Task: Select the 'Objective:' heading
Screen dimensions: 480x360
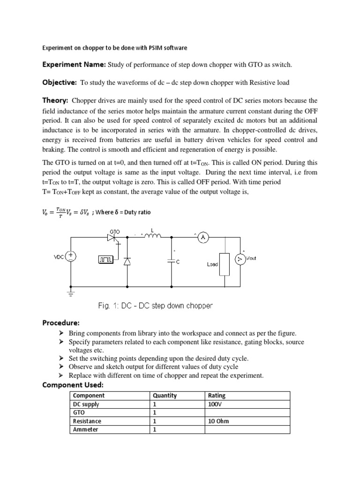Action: [x=60, y=82]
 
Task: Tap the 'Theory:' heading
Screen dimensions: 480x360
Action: [x=56, y=100]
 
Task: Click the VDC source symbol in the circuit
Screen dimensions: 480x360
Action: [x=71, y=256]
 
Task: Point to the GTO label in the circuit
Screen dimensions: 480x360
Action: [x=115, y=232]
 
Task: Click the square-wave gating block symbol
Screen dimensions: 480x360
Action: [x=105, y=259]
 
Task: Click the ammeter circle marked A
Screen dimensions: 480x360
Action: [x=203, y=238]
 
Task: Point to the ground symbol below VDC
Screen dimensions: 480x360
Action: [x=71, y=294]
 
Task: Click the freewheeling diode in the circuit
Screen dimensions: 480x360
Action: [x=127, y=262]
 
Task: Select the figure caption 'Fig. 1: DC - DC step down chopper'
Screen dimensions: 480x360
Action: [x=155, y=306]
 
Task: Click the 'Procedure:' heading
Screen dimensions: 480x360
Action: [x=61, y=323]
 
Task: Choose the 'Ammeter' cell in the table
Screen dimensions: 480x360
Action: [x=86, y=429]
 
